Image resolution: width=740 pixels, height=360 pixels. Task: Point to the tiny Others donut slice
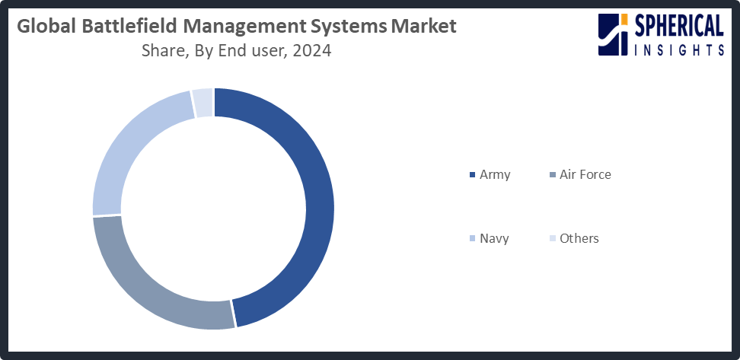(x=203, y=103)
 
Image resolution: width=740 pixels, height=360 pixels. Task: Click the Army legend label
(x=495, y=174)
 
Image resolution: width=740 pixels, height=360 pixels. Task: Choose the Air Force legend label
(x=585, y=174)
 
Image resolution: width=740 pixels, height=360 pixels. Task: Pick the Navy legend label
(x=494, y=238)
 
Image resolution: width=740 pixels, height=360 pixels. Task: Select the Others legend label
(x=579, y=238)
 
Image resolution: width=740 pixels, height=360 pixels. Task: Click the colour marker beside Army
(x=473, y=175)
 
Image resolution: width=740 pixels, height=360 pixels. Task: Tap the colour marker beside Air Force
(x=552, y=175)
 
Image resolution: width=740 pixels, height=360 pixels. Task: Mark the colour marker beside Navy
(x=473, y=239)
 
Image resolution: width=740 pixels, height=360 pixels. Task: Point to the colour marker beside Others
(x=552, y=239)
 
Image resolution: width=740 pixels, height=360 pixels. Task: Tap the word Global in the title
(x=42, y=27)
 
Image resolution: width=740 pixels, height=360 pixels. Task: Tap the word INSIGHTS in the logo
(x=678, y=49)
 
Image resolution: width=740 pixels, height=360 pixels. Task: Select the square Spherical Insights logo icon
(x=614, y=34)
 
